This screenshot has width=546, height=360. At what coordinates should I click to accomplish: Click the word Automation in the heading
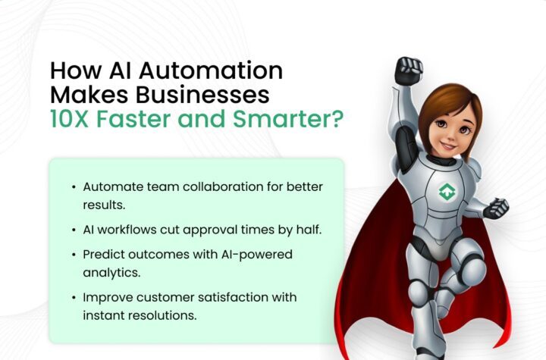[211, 70]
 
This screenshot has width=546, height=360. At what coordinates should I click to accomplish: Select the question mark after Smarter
[337, 119]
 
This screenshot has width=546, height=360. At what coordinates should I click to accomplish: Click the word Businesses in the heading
[202, 95]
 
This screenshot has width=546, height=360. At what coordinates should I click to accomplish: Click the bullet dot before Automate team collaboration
[74, 187]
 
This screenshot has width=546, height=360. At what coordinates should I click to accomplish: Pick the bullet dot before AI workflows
[74, 230]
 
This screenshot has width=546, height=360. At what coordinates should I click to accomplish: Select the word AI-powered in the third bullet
[256, 255]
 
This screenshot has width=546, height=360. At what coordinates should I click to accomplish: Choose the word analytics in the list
[111, 273]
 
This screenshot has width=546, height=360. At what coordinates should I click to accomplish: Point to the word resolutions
[162, 316]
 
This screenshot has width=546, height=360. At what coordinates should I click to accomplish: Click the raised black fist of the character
[408, 70]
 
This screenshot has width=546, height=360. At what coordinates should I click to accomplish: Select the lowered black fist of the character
[496, 208]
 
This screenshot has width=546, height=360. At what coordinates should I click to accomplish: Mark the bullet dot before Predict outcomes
[74, 255]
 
